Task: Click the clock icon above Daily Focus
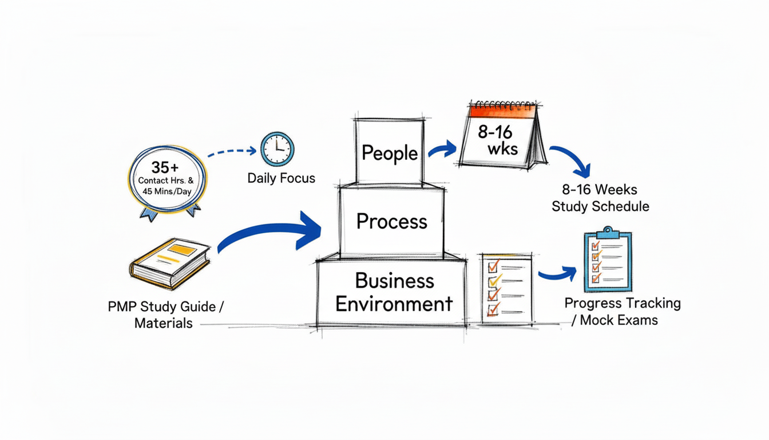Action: click(x=277, y=149)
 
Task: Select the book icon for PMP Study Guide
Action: click(x=170, y=263)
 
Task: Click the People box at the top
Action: click(x=390, y=153)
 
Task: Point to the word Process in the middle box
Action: click(x=391, y=221)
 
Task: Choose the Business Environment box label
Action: click(x=394, y=292)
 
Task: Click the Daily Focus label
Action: click(x=281, y=178)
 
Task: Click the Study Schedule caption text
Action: click(x=600, y=198)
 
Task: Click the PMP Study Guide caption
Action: click(x=165, y=315)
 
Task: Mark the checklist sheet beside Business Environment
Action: click(x=506, y=288)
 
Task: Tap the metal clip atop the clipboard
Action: click(x=608, y=231)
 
